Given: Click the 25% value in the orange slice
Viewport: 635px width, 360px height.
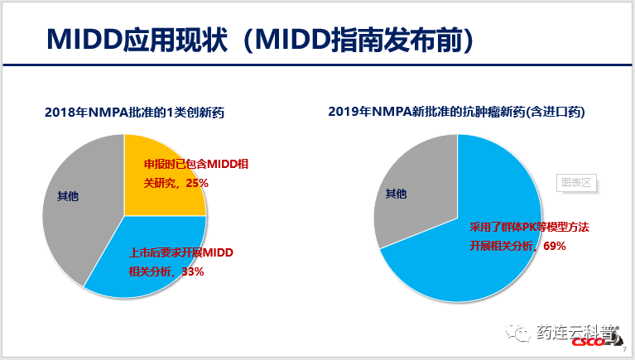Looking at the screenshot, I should [x=196, y=182].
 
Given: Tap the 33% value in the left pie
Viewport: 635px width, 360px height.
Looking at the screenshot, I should [x=190, y=271].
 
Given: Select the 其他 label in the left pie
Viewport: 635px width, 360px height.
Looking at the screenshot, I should [x=69, y=196].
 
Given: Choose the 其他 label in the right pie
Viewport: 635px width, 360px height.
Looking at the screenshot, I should [x=397, y=194].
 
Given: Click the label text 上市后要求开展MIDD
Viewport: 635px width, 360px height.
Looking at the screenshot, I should [x=179, y=252].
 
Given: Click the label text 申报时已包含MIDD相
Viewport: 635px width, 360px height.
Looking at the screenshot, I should [x=196, y=164].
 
